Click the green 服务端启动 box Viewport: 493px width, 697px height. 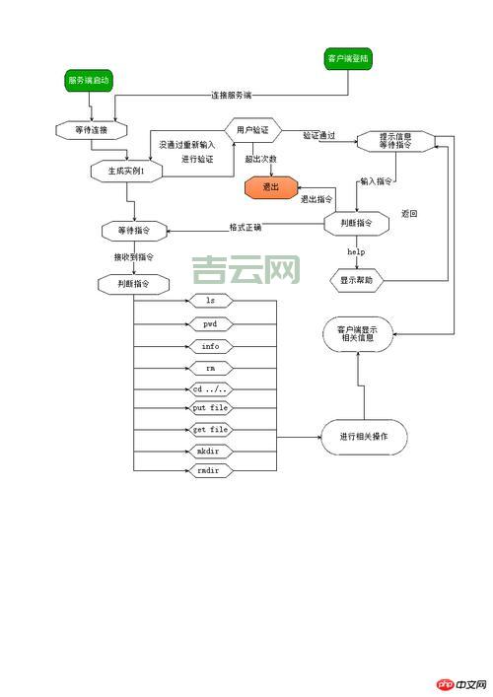click(x=89, y=80)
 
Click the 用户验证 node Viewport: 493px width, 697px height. click(x=253, y=129)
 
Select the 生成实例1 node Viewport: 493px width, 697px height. click(x=126, y=171)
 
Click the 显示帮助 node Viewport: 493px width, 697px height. click(x=356, y=281)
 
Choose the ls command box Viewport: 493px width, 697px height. click(x=210, y=300)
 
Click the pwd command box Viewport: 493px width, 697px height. click(x=210, y=323)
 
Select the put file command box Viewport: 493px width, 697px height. click(x=210, y=407)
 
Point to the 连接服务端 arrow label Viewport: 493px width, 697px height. click(x=231, y=96)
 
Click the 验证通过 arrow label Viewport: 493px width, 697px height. click(x=318, y=135)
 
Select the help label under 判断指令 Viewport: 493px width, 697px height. click(x=356, y=252)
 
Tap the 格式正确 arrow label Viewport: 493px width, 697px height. click(x=246, y=227)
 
